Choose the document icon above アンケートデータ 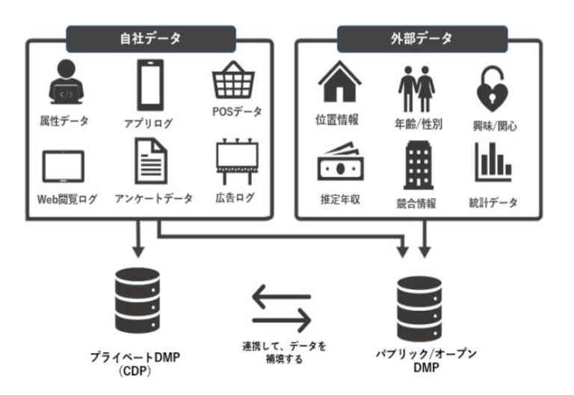point(151,164)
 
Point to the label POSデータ point(238,112)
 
